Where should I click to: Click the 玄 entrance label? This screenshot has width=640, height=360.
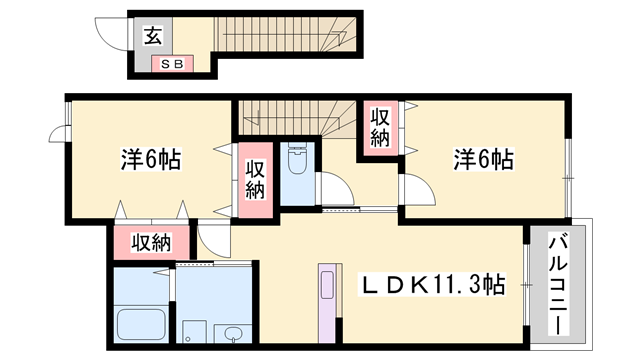[x=152, y=37]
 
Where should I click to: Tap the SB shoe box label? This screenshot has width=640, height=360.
[x=165, y=64]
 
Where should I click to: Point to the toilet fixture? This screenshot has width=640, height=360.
[x=297, y=159]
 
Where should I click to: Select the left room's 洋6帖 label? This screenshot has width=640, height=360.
[x=151, y=159]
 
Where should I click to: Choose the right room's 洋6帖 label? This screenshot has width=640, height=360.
[x=484, y=159]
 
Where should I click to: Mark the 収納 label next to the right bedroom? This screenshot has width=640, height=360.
[x=380, y=127]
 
